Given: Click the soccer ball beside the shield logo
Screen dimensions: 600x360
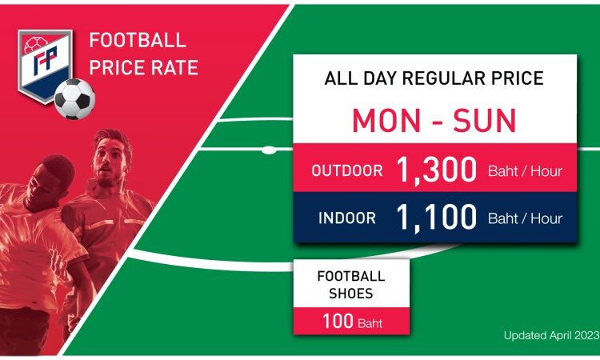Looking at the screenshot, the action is pyautogui.click(x=74, y=99).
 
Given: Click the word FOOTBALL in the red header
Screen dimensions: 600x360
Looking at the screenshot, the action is pyautogui.click(x=138, y=40).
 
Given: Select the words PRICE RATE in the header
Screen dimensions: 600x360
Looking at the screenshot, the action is pyautogui.click(x=143, y=67).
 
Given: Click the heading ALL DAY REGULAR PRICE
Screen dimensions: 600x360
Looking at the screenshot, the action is pyautogui.click(x=434, y=78).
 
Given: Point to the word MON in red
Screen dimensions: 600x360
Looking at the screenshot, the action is pyautogui.click(x=386, y=121).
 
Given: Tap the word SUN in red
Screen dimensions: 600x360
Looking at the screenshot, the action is pyautogui.click(x=485, y=121).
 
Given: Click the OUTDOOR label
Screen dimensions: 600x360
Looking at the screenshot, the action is pyautogui.click(x=347, y=170).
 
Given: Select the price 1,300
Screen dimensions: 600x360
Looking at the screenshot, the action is pyautogui.click(x=436, y=170).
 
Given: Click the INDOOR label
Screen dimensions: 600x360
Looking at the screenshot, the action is pyautogui.click(x=347, y=218).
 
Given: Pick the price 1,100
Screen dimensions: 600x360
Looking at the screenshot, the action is pyautogui.click(x=436, y=218).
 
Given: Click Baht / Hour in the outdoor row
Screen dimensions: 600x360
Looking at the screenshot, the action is pyautogui.click(x=525, y=171).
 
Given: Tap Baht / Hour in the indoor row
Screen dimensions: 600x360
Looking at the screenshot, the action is pyautogui.click(x=525, y=218).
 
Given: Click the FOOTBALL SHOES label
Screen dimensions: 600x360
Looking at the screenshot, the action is pyautogui.click(x=351, y=285).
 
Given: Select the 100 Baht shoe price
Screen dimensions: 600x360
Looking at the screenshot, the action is pyautogui.click(x=353, y=322).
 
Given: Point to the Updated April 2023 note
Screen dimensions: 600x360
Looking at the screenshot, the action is pyautogui.click(x=551, y=335).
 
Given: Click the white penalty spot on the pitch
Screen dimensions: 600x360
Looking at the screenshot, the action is pyautogui.click(x=269, y=150).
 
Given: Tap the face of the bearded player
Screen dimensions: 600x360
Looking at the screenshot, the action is pyautogui.click(x=109, y=161).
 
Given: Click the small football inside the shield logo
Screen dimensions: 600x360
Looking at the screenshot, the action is pyautogui.click(x=35, y=45).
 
